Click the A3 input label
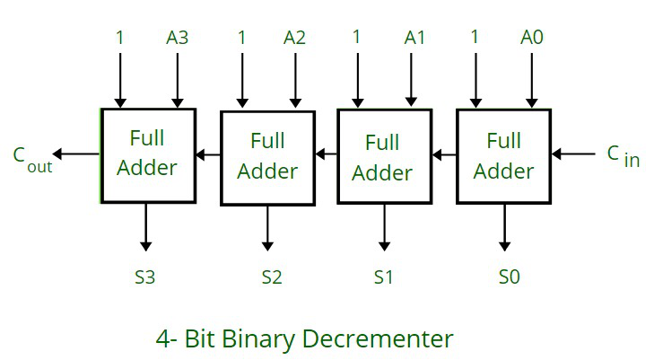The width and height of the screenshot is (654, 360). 177,38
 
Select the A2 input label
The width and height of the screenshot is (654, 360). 295,38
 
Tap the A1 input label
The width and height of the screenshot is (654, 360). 414,38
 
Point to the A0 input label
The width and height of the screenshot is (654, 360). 532,38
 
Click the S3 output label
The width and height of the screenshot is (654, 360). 144,277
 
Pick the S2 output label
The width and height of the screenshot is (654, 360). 272,277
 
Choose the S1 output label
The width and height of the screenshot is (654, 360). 384,277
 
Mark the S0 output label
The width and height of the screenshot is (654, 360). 509,277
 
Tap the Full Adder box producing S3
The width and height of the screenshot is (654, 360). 148,154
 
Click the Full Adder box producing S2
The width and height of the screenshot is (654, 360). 267,156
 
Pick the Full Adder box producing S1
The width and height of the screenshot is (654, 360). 382,156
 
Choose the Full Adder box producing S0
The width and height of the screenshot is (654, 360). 503,155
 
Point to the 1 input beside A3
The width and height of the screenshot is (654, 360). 119,38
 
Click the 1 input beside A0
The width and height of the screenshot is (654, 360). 474,38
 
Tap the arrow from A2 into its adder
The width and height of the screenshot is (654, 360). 295,81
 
